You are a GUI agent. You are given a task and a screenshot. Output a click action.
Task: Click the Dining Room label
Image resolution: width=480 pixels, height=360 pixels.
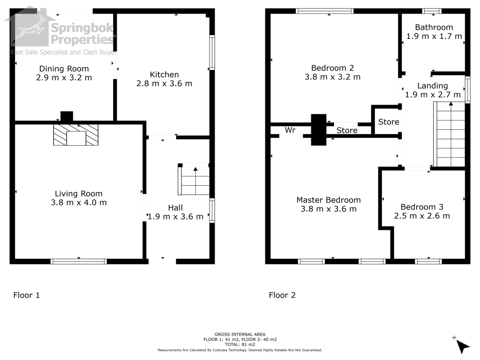[64, 69]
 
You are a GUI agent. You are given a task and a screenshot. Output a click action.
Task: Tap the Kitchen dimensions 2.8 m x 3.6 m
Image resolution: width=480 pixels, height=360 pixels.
[165, 83]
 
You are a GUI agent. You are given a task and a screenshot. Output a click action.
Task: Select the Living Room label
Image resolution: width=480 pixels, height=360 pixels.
[79, 194]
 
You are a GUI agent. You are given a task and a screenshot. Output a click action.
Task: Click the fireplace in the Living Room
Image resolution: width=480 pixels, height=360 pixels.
[76, 135]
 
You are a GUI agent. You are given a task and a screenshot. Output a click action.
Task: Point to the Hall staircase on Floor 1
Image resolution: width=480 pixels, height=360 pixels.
[194, 180]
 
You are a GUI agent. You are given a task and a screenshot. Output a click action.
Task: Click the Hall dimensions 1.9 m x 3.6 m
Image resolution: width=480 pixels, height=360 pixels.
[175, 217]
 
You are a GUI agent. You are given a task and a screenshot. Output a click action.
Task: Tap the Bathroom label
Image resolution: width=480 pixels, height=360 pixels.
[434, 28]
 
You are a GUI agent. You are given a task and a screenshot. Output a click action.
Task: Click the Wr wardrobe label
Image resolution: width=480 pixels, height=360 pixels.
[290, 130]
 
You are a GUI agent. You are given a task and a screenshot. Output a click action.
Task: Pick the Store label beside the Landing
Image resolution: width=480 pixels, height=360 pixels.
[389, 122]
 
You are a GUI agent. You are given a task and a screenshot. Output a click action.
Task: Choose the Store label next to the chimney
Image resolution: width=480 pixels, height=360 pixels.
[347, 130]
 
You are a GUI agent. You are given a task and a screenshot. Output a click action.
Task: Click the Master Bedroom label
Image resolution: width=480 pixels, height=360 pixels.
[329, 200]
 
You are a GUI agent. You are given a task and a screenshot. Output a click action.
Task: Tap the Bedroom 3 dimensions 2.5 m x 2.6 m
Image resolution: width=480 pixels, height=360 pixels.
[422, 216]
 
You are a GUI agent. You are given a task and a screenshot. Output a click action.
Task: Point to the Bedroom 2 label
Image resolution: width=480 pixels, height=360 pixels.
[332, 68]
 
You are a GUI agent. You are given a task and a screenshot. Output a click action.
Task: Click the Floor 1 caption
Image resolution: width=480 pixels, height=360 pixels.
[27, 295]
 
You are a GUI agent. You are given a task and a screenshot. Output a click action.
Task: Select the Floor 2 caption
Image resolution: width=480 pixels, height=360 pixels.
[282, 295]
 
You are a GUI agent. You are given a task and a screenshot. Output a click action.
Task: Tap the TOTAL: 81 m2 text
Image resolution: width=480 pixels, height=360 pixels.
[240, 345]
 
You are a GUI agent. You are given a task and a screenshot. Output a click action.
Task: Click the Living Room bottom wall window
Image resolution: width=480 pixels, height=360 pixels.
[79, 262]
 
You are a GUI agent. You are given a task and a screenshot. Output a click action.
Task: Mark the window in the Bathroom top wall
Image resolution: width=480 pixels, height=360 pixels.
[432, 11]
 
